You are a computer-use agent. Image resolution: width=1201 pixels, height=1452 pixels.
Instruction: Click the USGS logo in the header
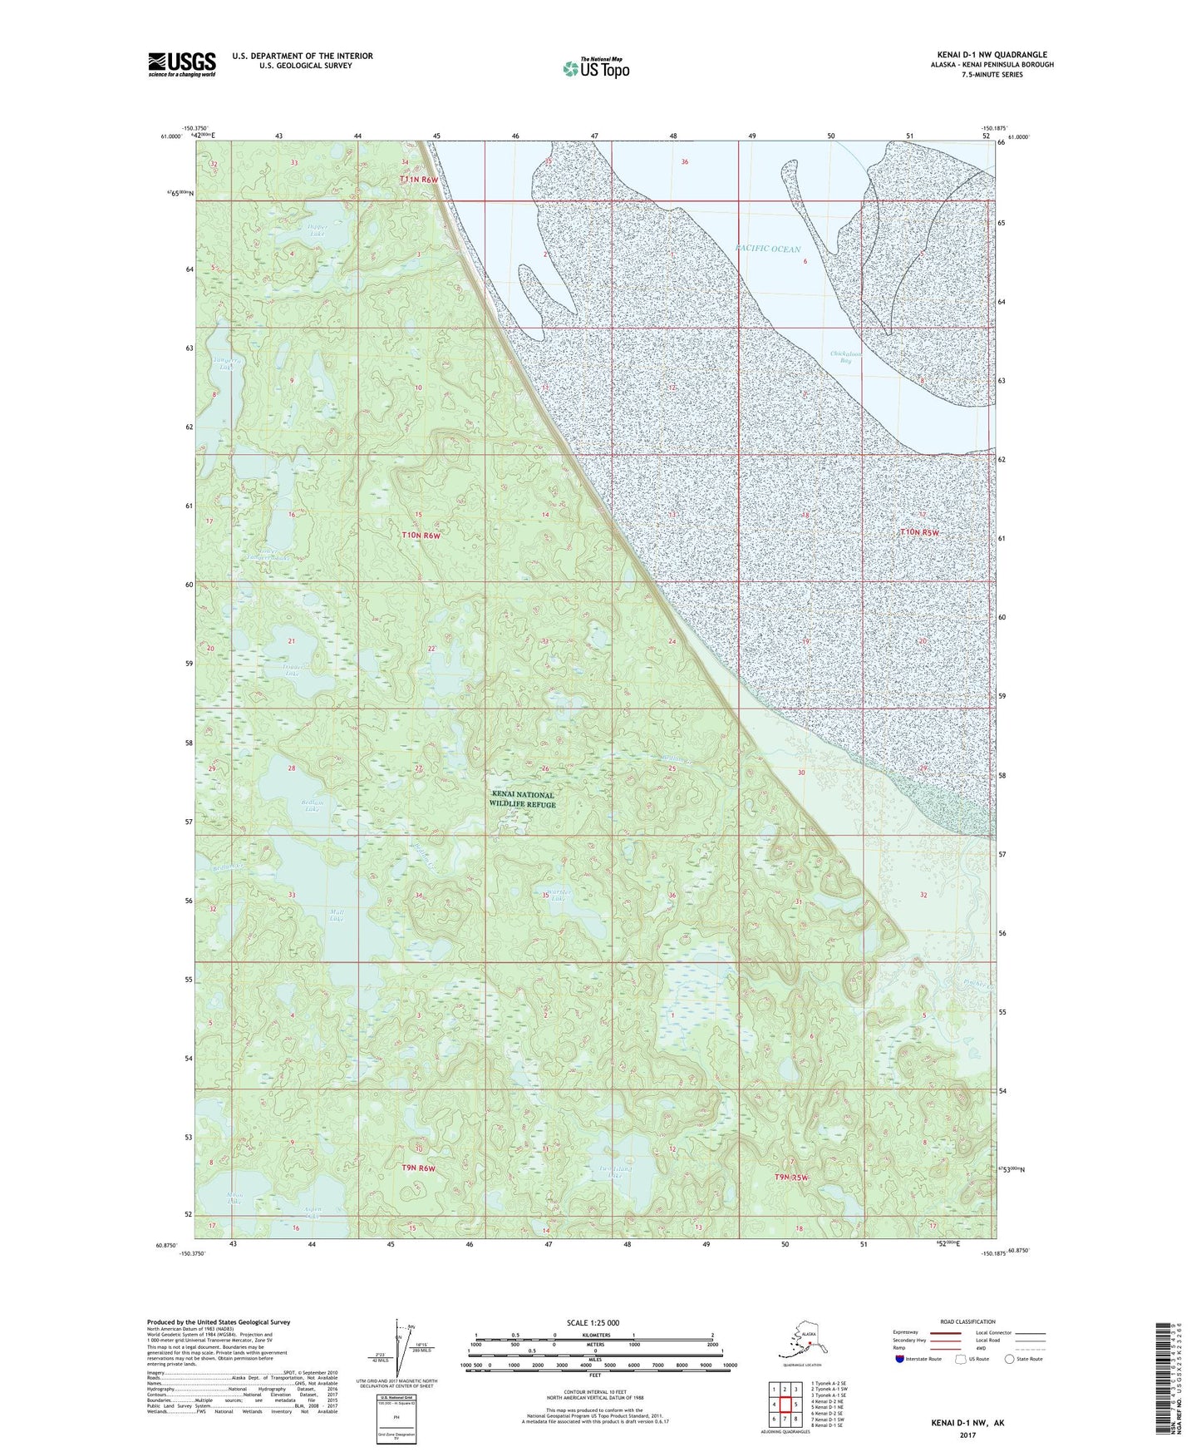click(181, 64)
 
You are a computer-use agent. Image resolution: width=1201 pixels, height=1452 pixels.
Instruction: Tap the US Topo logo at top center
click(595, 68)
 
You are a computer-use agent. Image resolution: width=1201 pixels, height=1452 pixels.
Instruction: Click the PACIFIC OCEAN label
click(768, 249)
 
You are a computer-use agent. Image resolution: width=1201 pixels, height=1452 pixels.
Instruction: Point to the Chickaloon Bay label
click(846, 357)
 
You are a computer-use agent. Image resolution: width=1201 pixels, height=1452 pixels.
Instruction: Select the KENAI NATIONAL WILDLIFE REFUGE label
click(522, 799)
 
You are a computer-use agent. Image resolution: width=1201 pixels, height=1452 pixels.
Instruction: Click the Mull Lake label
click(336, 915)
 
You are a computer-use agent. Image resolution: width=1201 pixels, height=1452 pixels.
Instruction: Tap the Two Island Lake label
click(614, 1172)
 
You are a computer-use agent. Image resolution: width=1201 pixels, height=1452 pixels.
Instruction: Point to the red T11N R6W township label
click(418, 180)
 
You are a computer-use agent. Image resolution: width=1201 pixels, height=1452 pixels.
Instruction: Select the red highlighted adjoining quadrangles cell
click(784, 1405)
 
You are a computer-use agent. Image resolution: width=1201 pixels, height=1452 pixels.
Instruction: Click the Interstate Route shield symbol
click(901, 1359)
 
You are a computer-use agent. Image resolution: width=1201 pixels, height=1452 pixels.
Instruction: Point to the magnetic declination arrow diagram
click(400, 1347)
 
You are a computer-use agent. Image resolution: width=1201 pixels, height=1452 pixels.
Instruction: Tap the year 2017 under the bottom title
click(967, 1435)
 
